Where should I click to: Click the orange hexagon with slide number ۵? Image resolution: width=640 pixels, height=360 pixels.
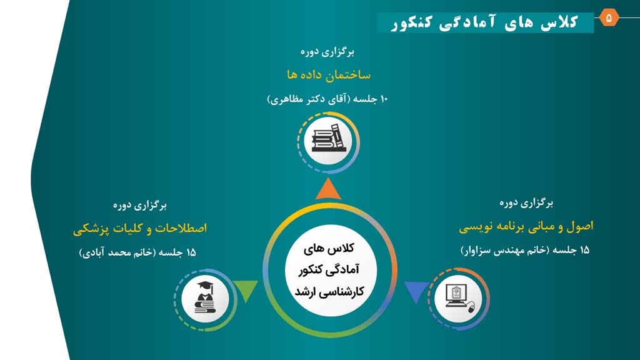click(x=609, y=17)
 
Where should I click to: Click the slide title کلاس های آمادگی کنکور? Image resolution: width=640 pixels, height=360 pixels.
click(x=484, y=22)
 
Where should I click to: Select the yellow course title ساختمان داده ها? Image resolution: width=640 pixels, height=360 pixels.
click(x=329, y=75)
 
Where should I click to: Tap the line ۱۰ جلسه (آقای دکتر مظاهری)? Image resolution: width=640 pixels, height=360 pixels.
click(x=327, y=99)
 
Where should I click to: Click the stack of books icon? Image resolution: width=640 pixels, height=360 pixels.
click(x=328, y=138)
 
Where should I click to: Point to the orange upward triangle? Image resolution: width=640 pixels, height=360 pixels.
click(x=328, y=189)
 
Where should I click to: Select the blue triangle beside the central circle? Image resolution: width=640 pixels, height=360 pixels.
click(x=416, y=291)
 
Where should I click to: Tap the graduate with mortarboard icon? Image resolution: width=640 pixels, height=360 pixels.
click(x=205, y=297)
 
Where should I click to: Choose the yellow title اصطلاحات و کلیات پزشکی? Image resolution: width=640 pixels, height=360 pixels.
click(x=140, y=229)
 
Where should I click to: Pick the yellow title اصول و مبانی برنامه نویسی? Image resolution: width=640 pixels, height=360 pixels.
click(x=526, y=227)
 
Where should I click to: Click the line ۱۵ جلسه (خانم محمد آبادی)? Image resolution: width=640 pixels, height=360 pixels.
click(x=137, y=252)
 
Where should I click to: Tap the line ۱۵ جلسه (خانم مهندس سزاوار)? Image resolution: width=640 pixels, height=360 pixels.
click(x=525, y=250)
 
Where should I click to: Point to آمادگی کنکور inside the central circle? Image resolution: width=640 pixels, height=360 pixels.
click(x=329, y=270)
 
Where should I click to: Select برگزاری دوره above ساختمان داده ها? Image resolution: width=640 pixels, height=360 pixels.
click(x=327, y=52)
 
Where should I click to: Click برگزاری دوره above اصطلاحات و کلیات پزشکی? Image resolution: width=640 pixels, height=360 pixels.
click(x=139, y=205)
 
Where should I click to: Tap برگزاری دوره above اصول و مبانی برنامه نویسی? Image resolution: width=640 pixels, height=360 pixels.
click(x=526, y=203)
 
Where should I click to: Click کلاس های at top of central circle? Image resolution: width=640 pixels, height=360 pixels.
click(x=329, y=248)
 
